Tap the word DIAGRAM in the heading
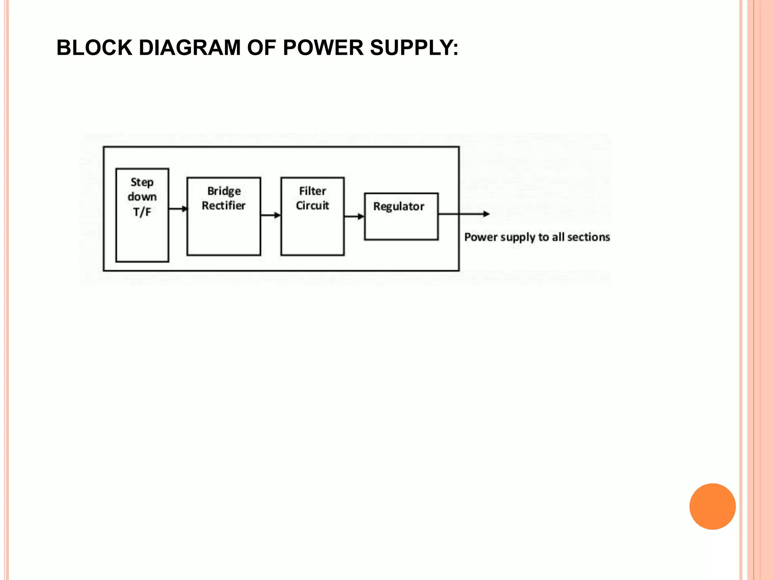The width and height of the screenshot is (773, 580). (189, 48)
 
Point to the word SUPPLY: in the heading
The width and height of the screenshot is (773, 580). (414, 48)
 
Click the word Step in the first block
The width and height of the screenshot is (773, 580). (142, 182)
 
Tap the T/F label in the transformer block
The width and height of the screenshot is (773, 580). (142, 212)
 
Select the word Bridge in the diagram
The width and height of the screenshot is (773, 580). (224, 191)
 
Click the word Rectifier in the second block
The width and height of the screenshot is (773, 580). (223, 206)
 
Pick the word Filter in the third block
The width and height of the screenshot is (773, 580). (313, 191)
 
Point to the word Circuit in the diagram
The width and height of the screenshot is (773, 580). (313, 206)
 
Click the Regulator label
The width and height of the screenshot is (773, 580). (399, 207)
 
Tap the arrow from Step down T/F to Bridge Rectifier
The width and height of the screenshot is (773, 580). (178, 209)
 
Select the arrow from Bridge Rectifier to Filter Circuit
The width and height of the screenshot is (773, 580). (271, 215)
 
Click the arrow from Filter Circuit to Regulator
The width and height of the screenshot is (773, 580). (354, 217)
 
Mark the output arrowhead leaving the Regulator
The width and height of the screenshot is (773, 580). (486, 214)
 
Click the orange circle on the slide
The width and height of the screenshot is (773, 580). (712, 506)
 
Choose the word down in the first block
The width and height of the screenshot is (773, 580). (142, 197)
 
